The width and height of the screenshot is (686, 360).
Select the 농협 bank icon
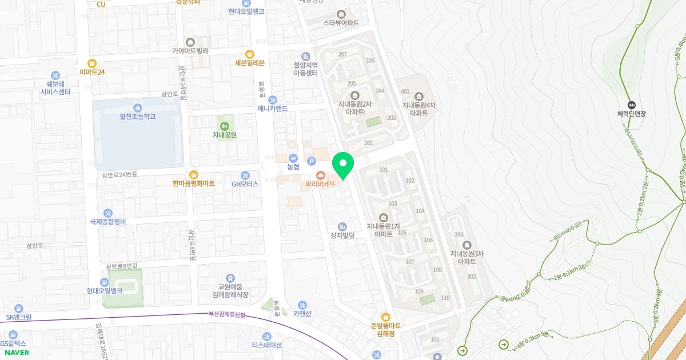(x=293, y=158)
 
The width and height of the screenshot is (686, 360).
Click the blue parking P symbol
(x=312, y=161)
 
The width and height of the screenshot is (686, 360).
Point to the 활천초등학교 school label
(x=137, y=117)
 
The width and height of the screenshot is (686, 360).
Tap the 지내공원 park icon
(x=224, y=125)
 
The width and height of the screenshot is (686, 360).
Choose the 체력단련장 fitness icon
(x=631, y=105)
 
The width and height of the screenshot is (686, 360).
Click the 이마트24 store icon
(x=91, y=63)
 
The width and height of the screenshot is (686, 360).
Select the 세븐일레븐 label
(x=249, y=63)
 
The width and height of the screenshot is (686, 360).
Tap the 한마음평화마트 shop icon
(x=193, y=174)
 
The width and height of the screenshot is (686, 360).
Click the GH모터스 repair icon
(x=245, y=175)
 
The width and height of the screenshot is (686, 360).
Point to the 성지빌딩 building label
(x=342, y=235)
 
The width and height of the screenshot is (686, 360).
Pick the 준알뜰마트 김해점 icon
(x=386, y=317)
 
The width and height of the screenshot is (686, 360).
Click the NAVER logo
(x=17, y=353)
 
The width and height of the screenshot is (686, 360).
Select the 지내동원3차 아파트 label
(x=466, y=257)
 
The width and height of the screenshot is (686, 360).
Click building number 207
(x=342, y=54)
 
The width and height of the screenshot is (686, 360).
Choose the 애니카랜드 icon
(x=272, y=99)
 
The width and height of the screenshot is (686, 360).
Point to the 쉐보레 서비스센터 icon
(x=55, y=75)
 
